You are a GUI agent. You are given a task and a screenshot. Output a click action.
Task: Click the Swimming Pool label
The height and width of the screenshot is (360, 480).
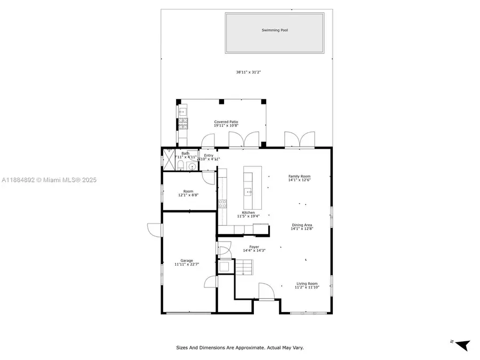(x=275, y=30)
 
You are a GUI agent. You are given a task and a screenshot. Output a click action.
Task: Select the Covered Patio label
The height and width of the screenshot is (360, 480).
(x=226, y=122)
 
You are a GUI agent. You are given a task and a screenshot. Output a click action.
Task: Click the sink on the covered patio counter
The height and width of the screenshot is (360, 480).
(x=182, y=112)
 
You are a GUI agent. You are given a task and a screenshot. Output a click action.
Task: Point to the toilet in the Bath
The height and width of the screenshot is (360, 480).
(x=181, y=166)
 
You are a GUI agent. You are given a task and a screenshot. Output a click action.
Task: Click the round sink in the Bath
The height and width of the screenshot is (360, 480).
(x=191, y=166)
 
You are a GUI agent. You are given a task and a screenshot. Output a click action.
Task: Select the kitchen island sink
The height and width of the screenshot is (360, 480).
(x=248, y=191)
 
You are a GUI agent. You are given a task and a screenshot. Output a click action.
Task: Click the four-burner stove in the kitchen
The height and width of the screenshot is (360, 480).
(x=222, y=203)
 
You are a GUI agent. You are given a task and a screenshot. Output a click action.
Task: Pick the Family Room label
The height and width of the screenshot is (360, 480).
(x=299, y=176)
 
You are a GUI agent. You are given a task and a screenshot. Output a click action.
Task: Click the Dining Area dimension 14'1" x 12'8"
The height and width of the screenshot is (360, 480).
(x=302, y=229)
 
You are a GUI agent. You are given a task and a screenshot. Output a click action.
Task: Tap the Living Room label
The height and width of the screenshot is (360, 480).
(x=307, y=284)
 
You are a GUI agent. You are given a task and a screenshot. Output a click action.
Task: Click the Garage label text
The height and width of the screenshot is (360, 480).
(x=187, y=261)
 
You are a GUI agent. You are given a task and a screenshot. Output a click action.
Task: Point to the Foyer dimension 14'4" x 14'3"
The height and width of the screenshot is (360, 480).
(x=254, y=250)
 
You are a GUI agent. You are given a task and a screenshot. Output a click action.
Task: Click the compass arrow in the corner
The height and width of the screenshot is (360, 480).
(x=462, y=345)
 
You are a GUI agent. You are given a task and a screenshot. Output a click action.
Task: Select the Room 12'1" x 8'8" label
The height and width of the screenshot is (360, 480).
(x=188, y=193)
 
